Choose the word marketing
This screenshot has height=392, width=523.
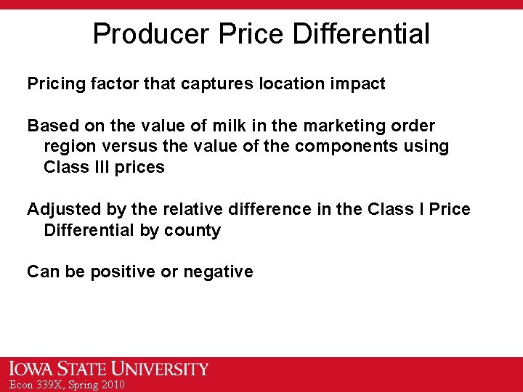click(x=347, y=126)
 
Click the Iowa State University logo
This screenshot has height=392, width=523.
click(x=109, y=369)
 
